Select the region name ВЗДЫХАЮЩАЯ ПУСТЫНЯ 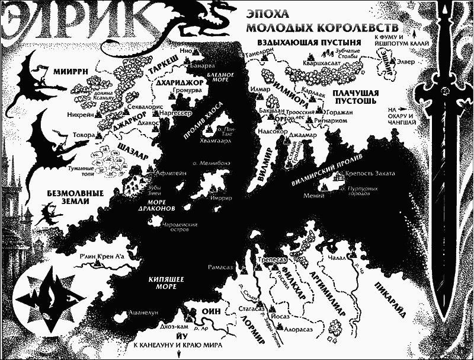point(309,43)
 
